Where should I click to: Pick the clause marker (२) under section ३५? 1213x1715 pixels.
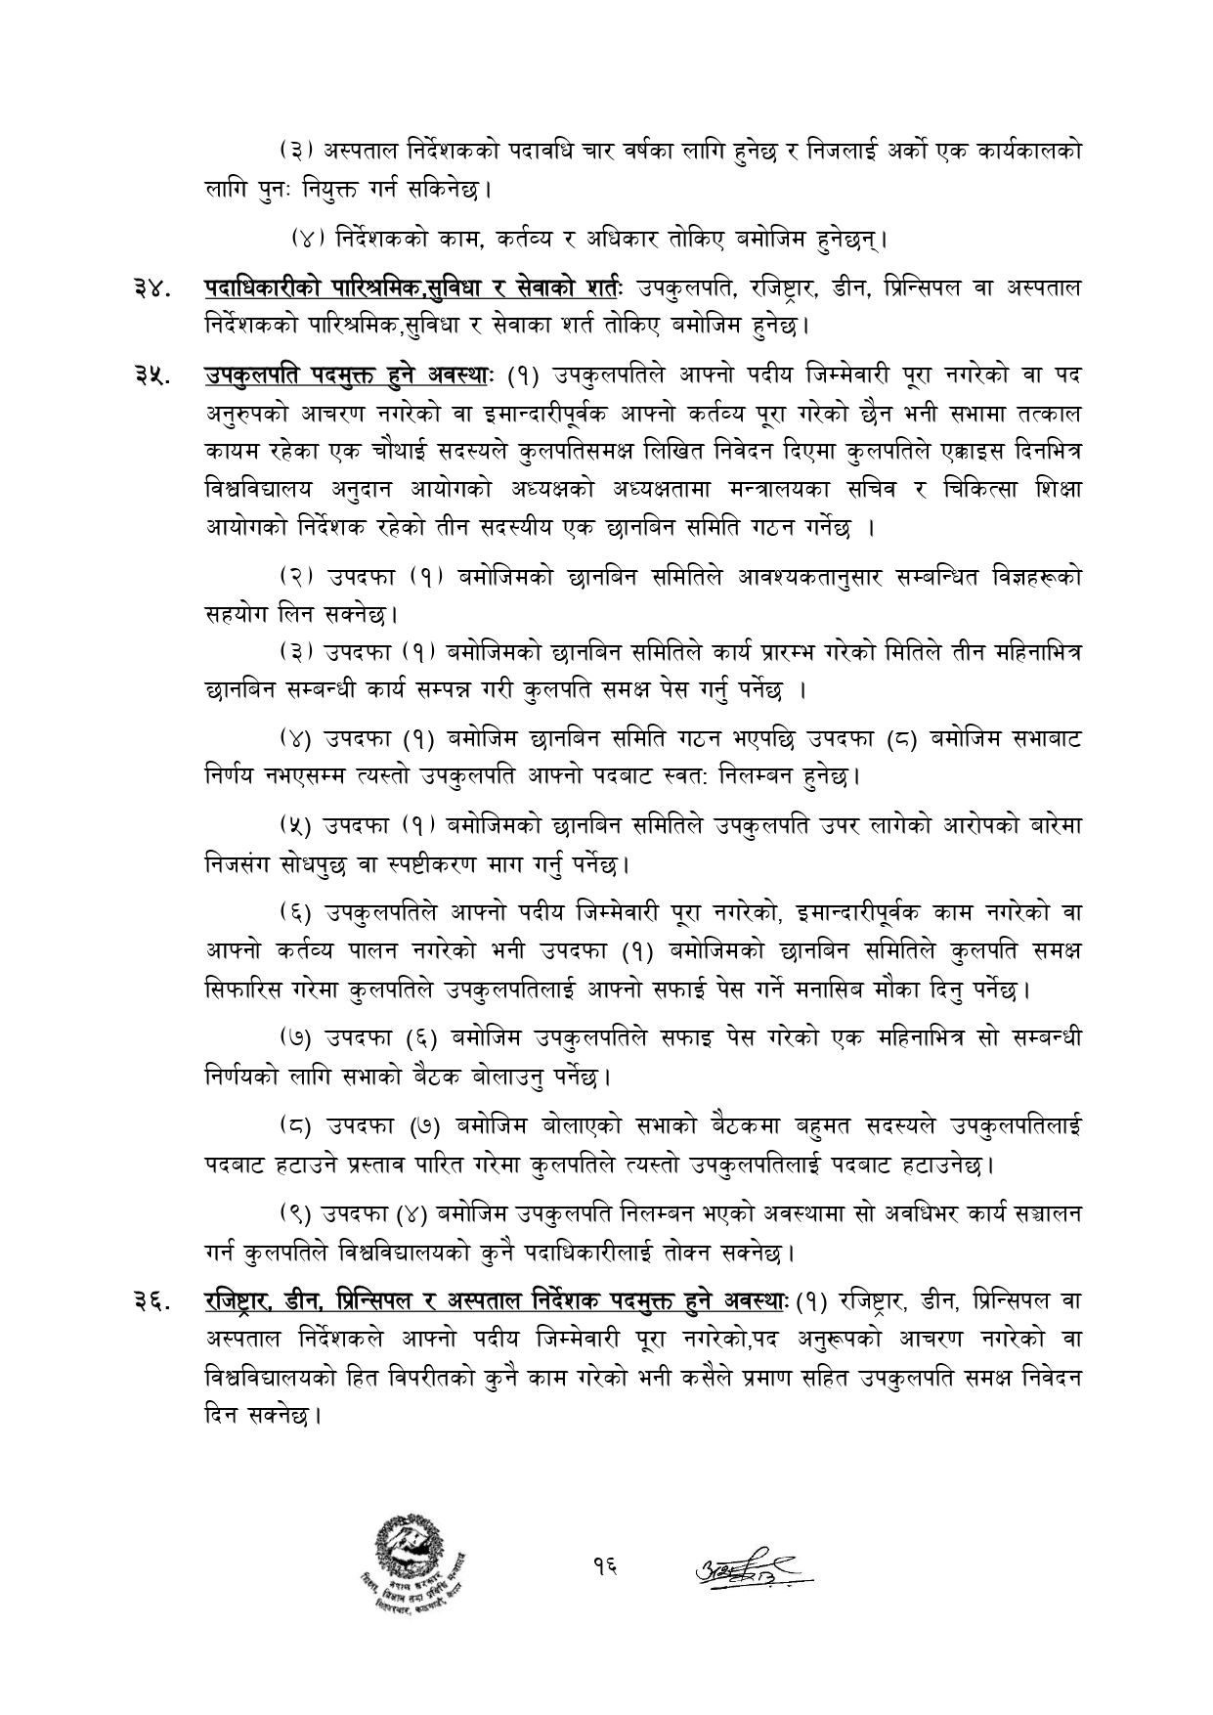coord(292,577)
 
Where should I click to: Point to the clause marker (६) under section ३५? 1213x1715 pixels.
coord(292,912)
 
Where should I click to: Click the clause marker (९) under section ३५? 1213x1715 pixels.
coord(292,1213)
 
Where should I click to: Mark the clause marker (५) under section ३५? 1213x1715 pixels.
coord(292,826)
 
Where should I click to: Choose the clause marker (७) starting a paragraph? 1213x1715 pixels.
coord(292,1037)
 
